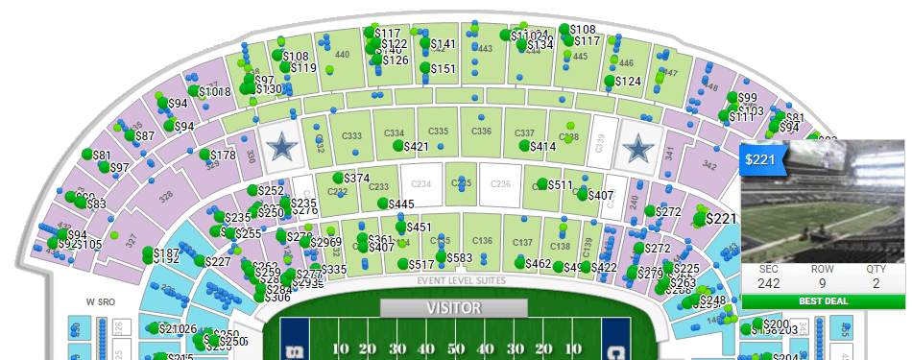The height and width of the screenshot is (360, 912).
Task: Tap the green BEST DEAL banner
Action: [823, 300]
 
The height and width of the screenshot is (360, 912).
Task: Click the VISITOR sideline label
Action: [453, 308]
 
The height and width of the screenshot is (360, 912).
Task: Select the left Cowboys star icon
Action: [282, 146]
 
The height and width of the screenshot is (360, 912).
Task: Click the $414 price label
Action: [542, 147]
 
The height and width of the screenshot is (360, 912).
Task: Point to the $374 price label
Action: [356, 179]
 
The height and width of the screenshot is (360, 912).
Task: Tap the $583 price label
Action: [460, 258]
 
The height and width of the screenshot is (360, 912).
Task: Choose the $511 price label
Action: [560, 185]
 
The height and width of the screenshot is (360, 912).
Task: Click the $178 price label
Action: [222, 156]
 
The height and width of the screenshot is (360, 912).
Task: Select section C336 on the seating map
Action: [483, 131]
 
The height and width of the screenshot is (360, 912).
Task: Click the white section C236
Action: [499, 183]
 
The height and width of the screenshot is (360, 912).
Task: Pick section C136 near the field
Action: [483, 240]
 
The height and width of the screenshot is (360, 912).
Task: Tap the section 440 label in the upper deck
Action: [342, 55]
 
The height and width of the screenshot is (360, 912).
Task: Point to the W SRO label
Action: [100, 301]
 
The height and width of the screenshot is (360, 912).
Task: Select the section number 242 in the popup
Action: [768, 283]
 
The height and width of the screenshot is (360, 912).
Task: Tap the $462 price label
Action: [539, 263]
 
